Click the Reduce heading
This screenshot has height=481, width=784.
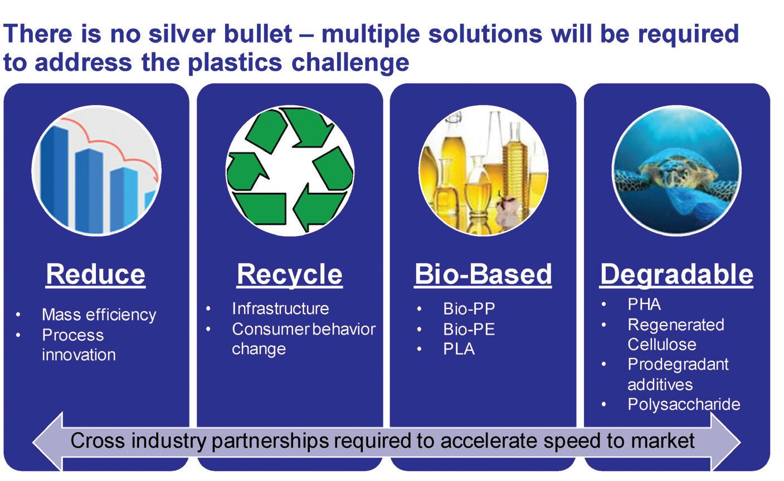95,274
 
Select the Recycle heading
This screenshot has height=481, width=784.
289,276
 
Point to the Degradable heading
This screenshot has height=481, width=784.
676,276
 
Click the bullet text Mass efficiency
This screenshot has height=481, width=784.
99,315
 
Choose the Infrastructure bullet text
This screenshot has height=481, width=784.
280,308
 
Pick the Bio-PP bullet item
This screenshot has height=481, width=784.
469,308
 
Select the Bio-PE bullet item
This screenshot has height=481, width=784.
469,329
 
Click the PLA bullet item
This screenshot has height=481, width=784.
459,349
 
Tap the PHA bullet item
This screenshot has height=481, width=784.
644,304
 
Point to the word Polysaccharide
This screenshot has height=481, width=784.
684,405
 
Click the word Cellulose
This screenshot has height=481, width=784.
662,345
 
